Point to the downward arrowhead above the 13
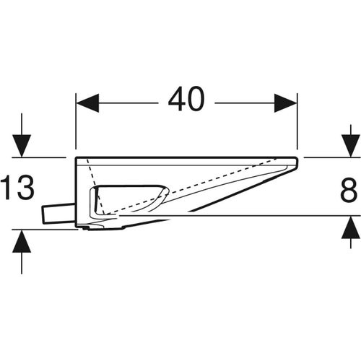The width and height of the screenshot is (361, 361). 22,147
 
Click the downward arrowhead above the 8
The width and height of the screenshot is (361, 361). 349,147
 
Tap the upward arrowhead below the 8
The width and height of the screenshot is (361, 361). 349,226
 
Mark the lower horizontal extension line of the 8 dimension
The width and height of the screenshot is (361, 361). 289,215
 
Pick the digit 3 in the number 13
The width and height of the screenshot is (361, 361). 25,190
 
